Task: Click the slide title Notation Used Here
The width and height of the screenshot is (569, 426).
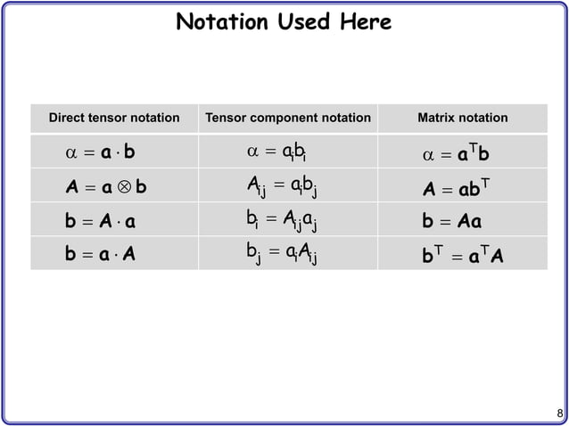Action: click(x=284, y=21)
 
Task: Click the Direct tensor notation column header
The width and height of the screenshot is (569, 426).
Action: click(x=114, y=118)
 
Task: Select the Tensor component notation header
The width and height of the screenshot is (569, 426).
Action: click(x=287, y=118)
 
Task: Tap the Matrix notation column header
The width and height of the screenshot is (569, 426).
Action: click(x=462, y=118)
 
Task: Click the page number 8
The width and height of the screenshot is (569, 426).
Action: click(x=559, y=413)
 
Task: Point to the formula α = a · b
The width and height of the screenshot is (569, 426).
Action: click(x=101, y=152)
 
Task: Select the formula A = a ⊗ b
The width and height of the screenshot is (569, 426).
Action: click(x=106, y=188)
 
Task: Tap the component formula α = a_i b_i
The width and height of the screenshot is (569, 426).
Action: click(x=277, y=153)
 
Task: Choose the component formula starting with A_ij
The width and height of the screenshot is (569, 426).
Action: click(x=284, y=188)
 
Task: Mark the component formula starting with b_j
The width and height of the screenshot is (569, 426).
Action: click(x=283, y=256)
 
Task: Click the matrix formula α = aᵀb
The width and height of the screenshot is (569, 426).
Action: click(x=456, y=155)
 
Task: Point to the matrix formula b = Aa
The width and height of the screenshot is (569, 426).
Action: click(x=451, y=222)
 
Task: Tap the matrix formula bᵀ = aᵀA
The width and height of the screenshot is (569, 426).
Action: click(x=462, y=256)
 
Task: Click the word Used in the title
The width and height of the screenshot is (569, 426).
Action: click(x=300, y=21)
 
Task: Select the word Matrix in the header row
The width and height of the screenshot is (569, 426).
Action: click(x=436, y=118)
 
